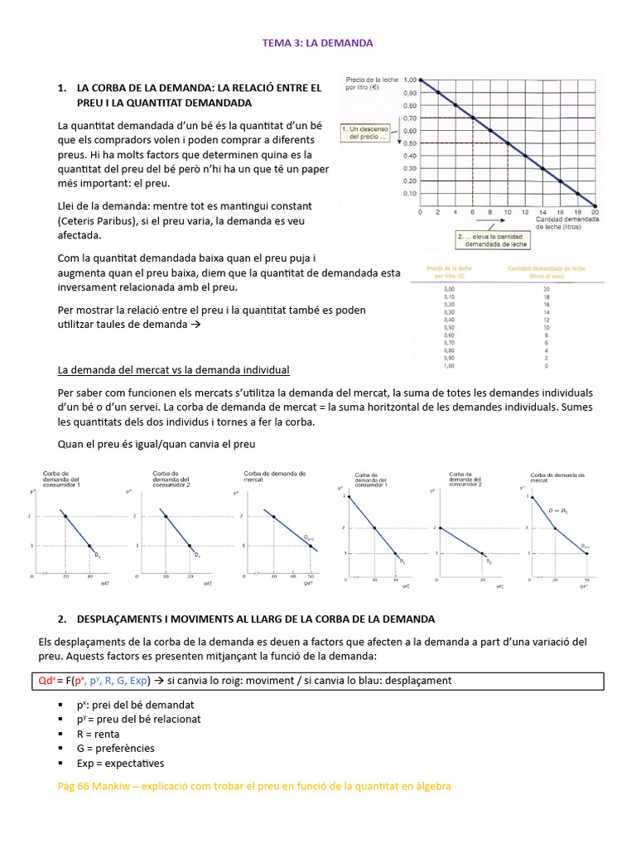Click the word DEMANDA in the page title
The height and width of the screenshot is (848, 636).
point(350,42)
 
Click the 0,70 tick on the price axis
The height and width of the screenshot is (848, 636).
point(410,118)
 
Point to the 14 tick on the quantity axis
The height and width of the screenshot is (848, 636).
point(543,212)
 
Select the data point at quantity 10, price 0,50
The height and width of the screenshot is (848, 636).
point(508,143)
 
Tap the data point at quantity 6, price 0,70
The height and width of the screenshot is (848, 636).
point(473,118)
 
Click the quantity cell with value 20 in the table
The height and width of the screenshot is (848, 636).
point(547,288)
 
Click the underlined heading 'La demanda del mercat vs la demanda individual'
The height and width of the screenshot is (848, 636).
point(173,369)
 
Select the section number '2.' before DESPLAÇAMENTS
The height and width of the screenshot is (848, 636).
point(62,619)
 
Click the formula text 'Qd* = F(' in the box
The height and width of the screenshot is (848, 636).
point(48,681)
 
